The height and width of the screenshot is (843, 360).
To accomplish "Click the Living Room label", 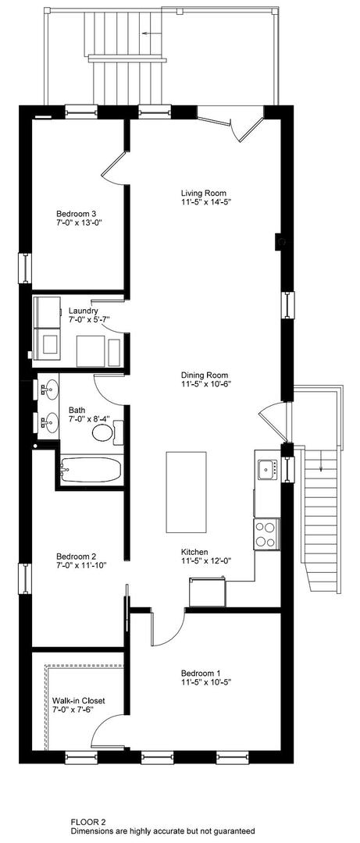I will click(198, 193).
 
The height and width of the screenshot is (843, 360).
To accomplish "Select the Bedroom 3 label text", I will click(77, 213).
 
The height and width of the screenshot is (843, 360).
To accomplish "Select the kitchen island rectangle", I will click(186, 490).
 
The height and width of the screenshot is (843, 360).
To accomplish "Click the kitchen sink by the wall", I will click(268, 469).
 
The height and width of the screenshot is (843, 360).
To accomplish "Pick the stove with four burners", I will click(266, 534).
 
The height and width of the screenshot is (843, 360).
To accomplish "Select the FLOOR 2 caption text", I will click(88, 821).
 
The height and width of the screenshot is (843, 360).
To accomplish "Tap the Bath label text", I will click(77, 410).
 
